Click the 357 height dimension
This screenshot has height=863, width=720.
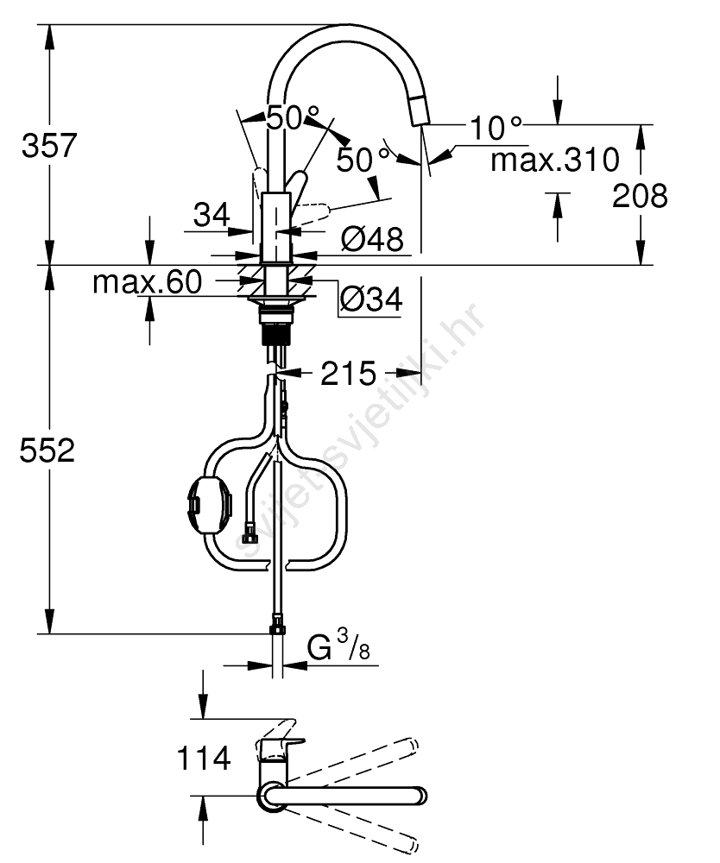pyautogui.click(x=49, y=145)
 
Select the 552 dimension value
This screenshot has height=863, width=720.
pyautogui.click(x=47, y=450)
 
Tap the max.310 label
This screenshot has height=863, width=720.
pyautogui.click(x=555, y=160)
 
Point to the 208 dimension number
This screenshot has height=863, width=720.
pyautogui.click(x=641, y=195)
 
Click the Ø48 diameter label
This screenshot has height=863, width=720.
pyautogui.click(x=373, y=239)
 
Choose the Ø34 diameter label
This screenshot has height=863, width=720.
pyautogui.click(x=371, y=299)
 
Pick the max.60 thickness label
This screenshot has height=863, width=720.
pyautogui.click(x=148, y=282)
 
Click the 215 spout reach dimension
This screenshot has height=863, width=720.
pyautogui.click(x=348, y=374)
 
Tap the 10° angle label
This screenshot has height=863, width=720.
pyautogui.click(x=496, y=128)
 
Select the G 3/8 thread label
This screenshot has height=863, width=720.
pyautogui.click(x=338, y=646)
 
